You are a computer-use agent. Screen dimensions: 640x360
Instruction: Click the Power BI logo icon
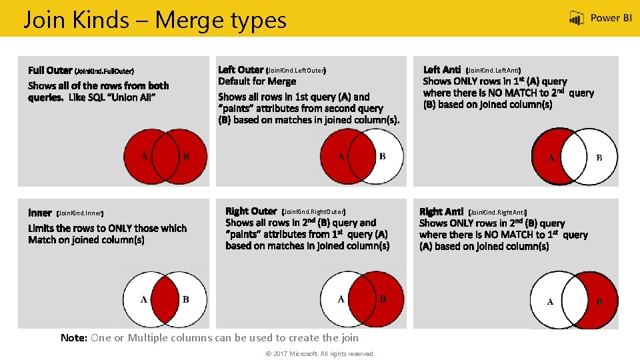point(576,18)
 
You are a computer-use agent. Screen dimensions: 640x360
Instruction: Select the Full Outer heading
point(50,70)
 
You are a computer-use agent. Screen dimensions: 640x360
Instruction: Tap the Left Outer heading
point(241,70)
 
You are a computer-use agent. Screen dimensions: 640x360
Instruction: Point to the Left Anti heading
point(442,70)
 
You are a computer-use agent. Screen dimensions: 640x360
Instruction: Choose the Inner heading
point(40,213)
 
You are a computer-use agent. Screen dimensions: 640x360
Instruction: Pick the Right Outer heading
point(251,211)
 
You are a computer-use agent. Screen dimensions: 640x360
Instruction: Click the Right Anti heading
point(441,211)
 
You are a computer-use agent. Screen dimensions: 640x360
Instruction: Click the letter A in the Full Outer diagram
point(145,156)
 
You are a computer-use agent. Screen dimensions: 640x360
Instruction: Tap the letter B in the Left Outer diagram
point(383,156)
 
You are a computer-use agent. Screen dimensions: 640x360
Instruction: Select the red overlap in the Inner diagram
point(165,299)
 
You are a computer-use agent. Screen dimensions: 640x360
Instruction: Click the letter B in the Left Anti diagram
point(599,157)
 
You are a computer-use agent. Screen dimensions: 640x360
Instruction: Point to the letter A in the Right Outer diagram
point(341,299)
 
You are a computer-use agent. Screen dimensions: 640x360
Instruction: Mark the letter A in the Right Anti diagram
point(550,301)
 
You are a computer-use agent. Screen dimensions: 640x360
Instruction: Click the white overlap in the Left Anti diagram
point(574,156)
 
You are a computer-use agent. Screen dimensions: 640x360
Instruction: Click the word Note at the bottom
point(74,338)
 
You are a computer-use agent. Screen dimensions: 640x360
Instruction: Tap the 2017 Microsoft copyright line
point(321,354)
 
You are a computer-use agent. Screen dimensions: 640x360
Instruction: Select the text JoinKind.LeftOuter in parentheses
point(296,71)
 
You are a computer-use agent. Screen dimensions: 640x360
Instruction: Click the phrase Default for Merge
point(257,81)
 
